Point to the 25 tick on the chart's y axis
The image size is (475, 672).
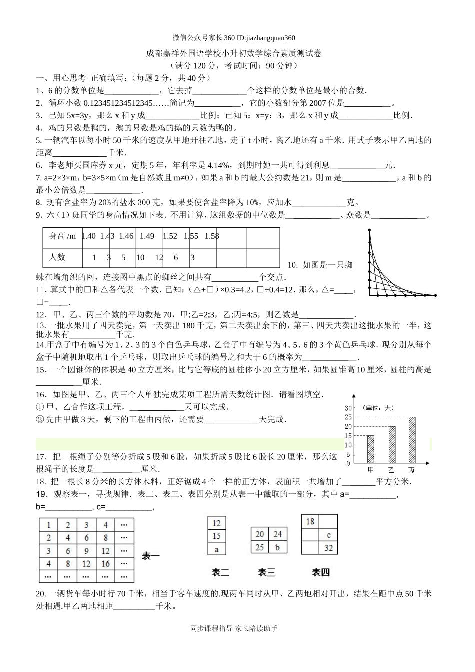click(348, 417)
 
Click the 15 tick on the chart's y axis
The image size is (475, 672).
click(348, 436)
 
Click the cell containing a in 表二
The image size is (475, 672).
click(216, 549)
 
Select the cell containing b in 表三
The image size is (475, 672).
click(278, 547)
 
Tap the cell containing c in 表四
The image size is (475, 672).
click(328, 535)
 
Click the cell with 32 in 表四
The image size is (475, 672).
click(328, 548)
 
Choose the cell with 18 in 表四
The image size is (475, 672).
click(310, 521)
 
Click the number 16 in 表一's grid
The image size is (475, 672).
click(105, 564)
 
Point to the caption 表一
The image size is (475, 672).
click(151, 555)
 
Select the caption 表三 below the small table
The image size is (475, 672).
click(266, 572)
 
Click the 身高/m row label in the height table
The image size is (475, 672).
click(62, 236)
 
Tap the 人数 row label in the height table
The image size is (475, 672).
click(57, 257)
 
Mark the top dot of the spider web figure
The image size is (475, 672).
click(369, 229)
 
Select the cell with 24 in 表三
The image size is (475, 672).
click(278, 534)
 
